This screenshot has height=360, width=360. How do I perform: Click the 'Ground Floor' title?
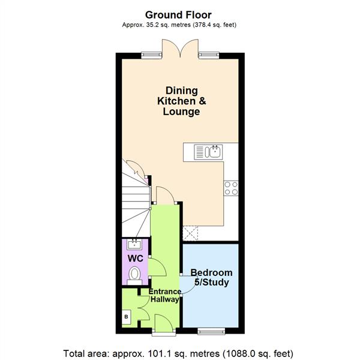point(179,14)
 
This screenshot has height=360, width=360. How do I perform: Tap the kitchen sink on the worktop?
point(208,151)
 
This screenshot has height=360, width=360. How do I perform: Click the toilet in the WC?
point(136,274)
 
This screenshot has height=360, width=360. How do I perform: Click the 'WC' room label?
point(136,258)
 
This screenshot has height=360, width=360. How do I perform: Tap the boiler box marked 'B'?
point(127,316)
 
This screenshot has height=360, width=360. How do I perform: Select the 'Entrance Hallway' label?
point(164,295)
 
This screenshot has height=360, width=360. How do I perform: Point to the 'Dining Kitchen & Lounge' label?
point(181,101)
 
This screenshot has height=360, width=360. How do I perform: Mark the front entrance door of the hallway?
point(163,329)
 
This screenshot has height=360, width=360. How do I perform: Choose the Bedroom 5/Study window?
point(211,329)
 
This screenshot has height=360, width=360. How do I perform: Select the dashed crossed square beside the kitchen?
point(191,233)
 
